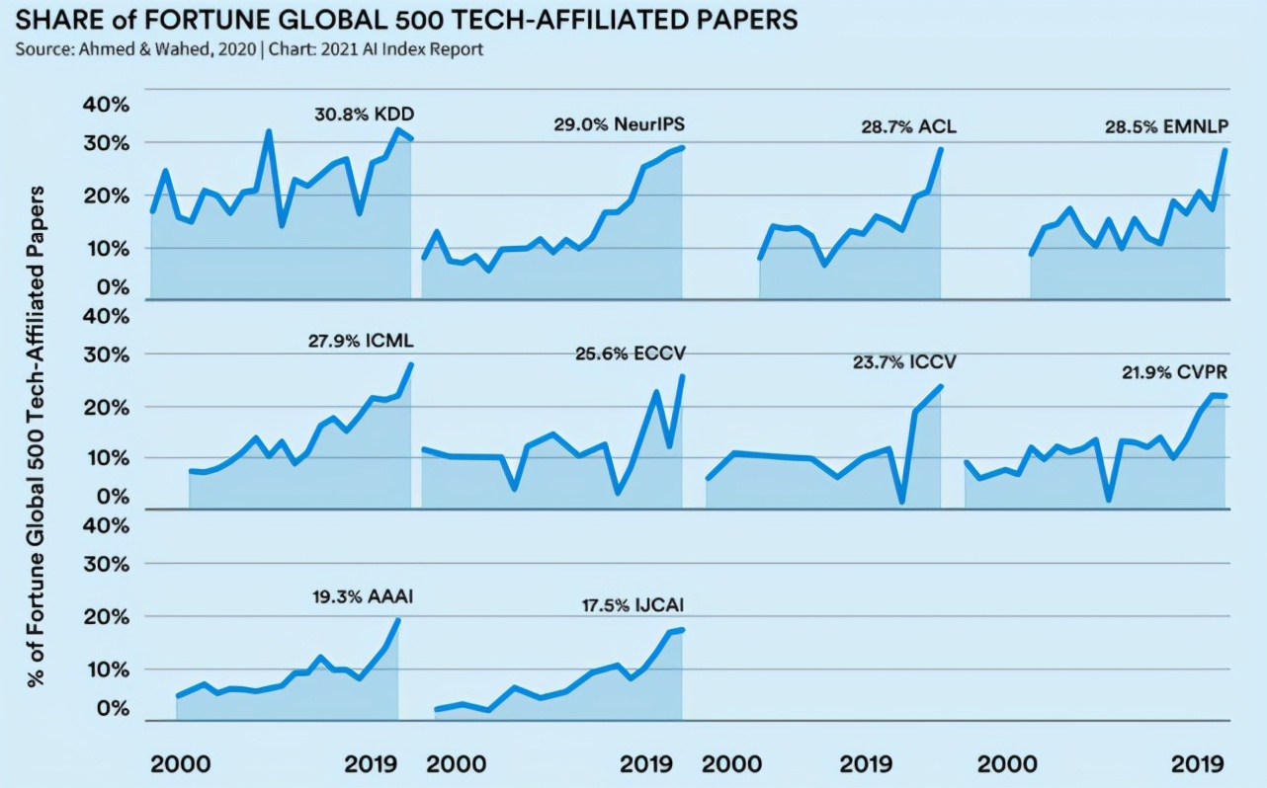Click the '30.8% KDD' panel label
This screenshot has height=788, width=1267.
coord(364,115)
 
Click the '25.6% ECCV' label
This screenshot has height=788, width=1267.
coord(631,353)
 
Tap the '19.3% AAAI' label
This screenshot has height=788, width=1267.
coord(363,595)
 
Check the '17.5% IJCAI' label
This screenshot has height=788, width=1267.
coord(633,605)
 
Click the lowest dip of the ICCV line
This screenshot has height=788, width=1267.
coord(902,502)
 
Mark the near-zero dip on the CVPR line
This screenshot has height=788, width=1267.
coord(1110,500)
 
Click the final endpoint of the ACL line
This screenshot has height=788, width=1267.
coord(941,149)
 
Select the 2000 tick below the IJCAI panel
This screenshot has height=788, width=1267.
coord(456,763)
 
